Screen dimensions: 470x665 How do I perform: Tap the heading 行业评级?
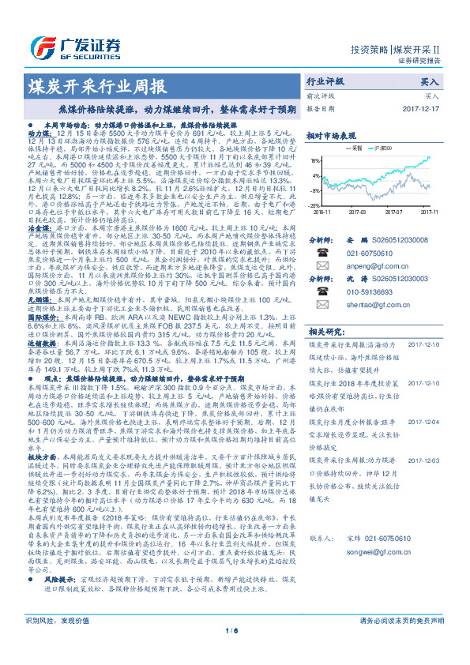tap(325, 81)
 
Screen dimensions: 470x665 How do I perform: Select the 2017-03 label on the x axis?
tap(359, 212)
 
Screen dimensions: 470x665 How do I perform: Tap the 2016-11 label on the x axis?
tap(324, 212)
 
